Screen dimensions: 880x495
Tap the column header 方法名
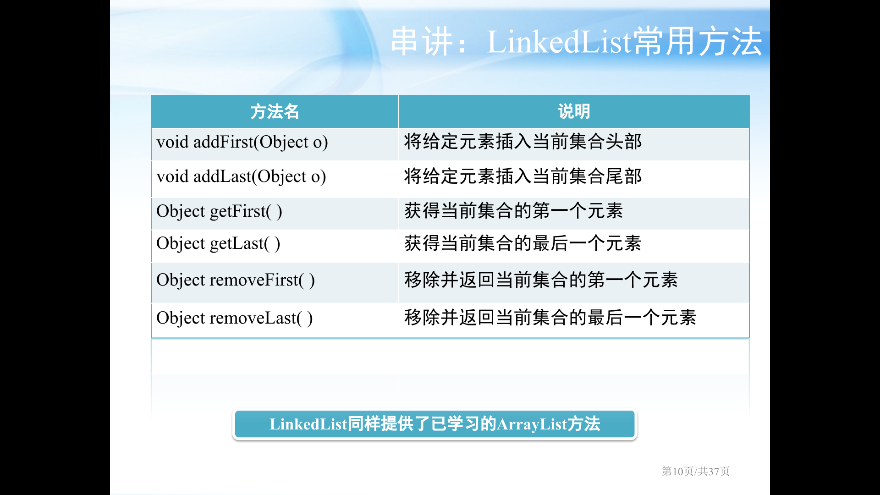pyautogui.click(x=275, y=112)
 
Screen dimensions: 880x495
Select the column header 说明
pyautogui.click(x=574, y=112)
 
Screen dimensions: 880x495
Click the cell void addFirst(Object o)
pyautogui.click(x=242, y=143)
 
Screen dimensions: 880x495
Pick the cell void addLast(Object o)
pyautogui.click(x=241, y=177)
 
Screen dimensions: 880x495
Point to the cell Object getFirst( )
pyautogui.click(x=219, y=212)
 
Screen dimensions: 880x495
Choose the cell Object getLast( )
pyautogui.click(x=218, y=244)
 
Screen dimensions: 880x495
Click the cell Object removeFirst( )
pyautogui.click(x=236, y=280)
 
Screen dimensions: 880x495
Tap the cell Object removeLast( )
pyautogui.click(x=235, y=319)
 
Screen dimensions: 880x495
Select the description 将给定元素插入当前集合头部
pyautogui.click(x=523, y=142)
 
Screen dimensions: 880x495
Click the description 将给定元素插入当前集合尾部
pyautogui.click(x=523, y=176)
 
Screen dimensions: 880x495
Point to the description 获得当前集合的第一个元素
pyautogui.click(x=514, y=211)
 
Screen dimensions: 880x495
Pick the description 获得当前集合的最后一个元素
pyautogui.click(x=523, y=243)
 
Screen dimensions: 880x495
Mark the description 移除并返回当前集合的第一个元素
pyautogui.click(x=541, y=280)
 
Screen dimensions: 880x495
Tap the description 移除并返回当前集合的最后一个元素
pyautogui.click(x=550, y=318)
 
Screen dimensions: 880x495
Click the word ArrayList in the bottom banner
pyautogui.click(x=532, y=424)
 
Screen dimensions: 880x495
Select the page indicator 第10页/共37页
pyautogui.click(x=696, y=471)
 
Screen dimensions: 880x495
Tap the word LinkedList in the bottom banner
pyautogui.click(x=308, y=424)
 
